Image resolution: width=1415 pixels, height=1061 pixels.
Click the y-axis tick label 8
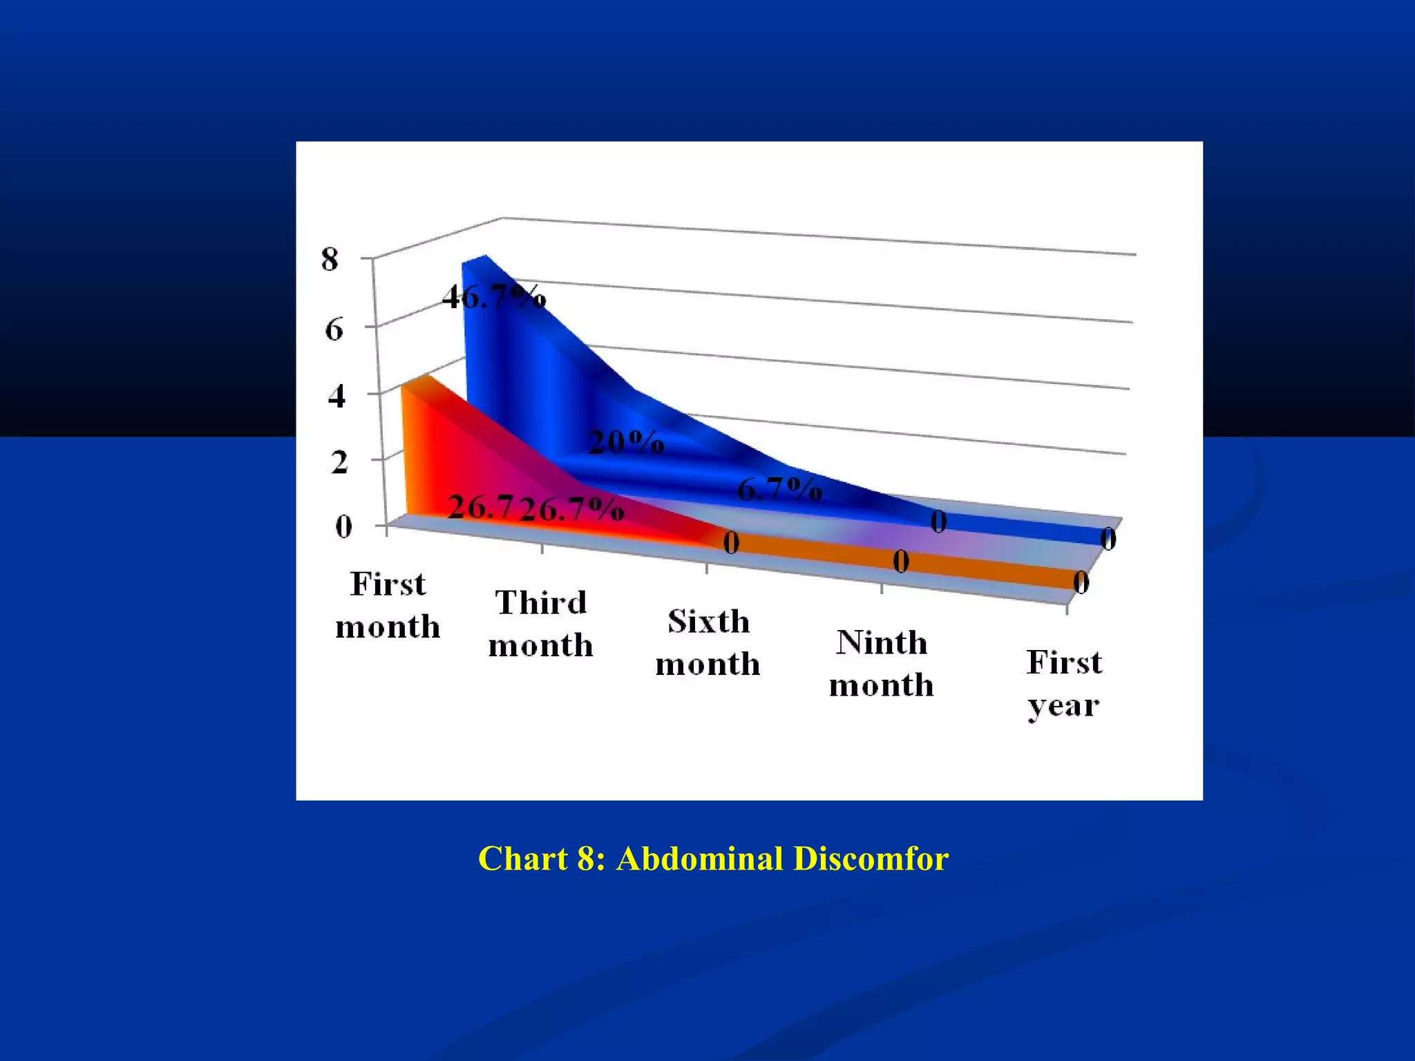pyautogui.click(x=330, y=260)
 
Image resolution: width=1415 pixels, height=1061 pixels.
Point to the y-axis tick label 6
pyautogui.click(x=334, y=329)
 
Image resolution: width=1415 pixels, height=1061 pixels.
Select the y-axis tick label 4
pyautogui.click(x=336, y=396)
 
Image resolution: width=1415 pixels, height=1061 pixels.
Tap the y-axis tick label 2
pyautogui.click(x=339, y=462)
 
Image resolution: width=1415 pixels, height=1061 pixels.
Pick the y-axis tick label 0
pyautogui.click(x=343, y=527)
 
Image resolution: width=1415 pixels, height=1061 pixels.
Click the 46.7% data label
pyautogui.click(x=494, y=298)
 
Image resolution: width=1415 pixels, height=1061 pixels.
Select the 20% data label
pyautogui.click(x=626, y=442)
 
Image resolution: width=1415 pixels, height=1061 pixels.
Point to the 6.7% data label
pyautogui.click(x=779, y=490)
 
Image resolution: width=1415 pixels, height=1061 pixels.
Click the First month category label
pyautogui.click(x=388, y=606)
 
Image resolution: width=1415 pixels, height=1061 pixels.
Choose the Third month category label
pyautogui.click(x=541, y=624)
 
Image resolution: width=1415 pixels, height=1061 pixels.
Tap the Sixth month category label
pyautogui.click(x=708, y=643)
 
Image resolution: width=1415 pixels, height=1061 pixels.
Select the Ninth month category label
pyautogui.click(x=882, y=664)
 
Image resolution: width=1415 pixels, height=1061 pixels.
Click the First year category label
pyautogui.click(x=1064, y=684)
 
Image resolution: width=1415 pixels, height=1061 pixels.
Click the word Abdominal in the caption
pyautogui.click(x=699, y=859)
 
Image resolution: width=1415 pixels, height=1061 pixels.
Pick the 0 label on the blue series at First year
pyautogui.click(x=1108, y=539)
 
